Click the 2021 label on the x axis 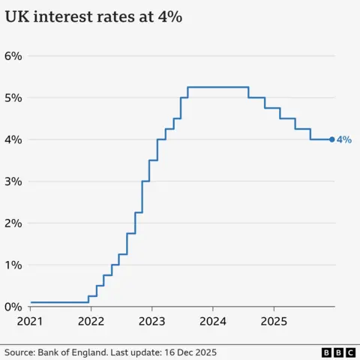coord(31,322)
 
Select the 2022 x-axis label coord(91,322)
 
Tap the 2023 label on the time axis coord(152,322)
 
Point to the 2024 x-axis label coord(213,322)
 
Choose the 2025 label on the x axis coord(274,322)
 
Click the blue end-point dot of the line coord(332,139)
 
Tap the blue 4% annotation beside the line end coord(344,139)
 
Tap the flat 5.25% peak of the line coord(217,88)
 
